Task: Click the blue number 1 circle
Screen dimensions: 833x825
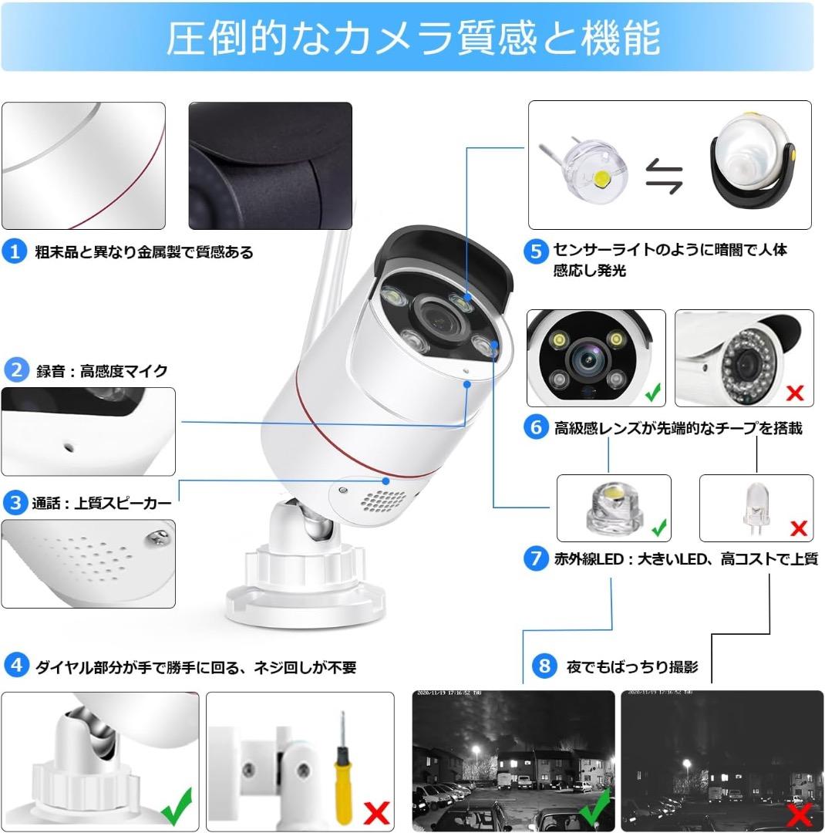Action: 14,251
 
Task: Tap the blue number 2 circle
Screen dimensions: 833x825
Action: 15,370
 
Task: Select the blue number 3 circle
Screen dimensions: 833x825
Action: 14,503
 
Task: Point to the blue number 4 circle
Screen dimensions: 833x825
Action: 16,666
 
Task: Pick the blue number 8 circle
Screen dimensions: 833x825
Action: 545,666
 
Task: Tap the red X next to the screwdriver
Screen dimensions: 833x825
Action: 375,813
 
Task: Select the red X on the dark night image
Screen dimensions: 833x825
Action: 799,813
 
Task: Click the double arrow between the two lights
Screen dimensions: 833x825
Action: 665,176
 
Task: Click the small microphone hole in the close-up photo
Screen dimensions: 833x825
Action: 69,446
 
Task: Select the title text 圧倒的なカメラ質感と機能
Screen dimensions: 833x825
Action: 412,39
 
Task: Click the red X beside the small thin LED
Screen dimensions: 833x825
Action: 798,528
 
